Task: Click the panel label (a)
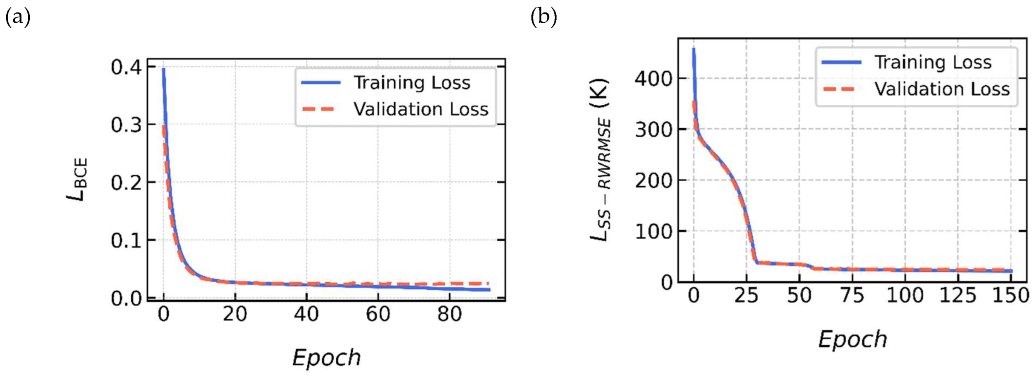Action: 18,18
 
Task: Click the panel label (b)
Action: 544,18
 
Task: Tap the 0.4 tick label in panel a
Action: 126,67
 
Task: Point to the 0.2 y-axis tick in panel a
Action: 126,183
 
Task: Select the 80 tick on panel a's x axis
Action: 450,314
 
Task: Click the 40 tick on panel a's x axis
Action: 306,314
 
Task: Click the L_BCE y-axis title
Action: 77,179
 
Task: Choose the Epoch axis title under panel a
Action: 326,358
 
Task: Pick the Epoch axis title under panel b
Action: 852,340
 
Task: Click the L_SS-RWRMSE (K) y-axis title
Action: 600,159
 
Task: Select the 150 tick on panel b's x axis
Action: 1011,296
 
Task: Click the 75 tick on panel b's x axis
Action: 852,296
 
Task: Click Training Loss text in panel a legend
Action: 412,83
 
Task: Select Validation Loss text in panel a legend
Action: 421,109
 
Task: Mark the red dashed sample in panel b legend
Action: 839,89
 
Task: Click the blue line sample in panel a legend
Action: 321,83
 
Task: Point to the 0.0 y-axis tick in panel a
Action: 126,298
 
